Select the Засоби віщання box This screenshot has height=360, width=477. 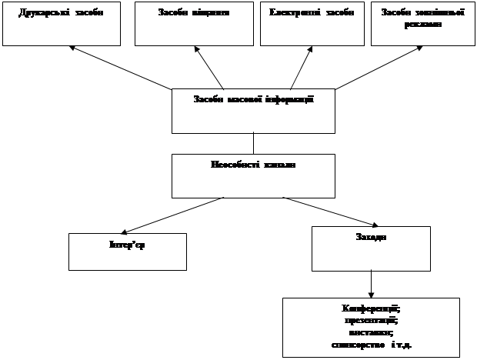194,24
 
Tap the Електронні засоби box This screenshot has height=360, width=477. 312,24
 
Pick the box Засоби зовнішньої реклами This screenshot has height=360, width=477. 422,24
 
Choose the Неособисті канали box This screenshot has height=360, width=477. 253,176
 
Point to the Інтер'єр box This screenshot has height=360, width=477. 128,252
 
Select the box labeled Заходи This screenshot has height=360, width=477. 371,248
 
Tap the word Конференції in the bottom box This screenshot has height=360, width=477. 370,308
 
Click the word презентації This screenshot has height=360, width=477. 370,319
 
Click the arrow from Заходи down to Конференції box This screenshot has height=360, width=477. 372,284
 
